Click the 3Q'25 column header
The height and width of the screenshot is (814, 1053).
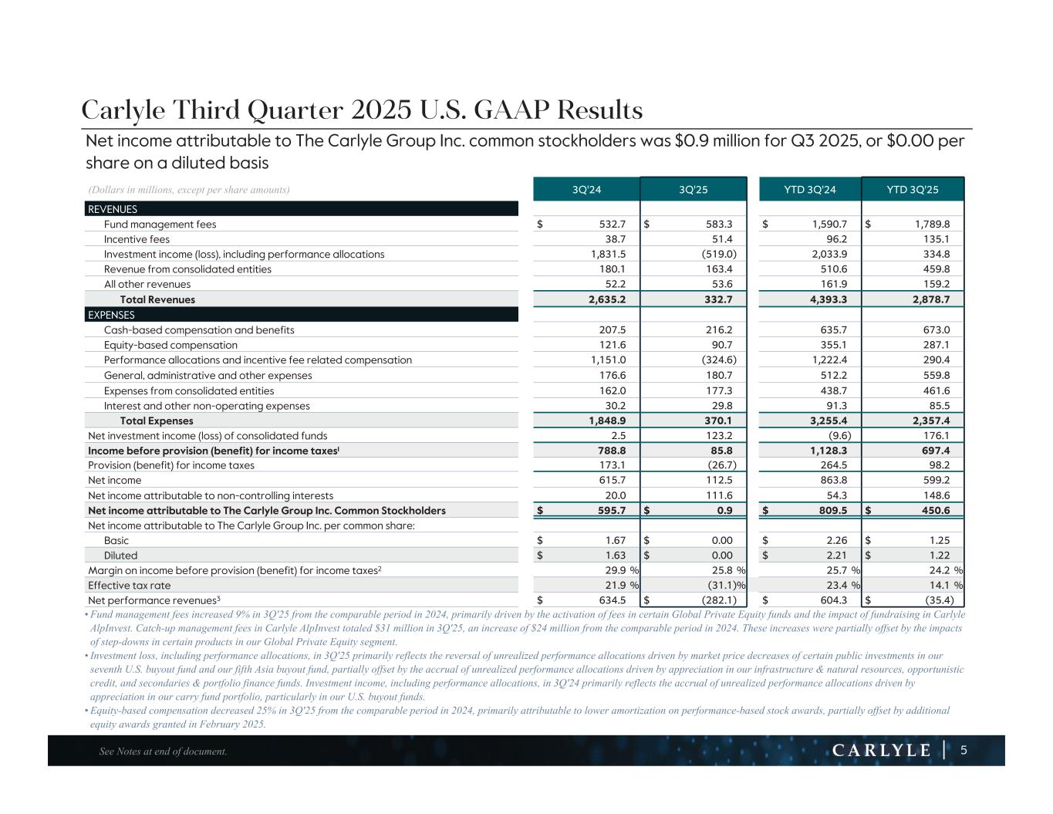(693, 190)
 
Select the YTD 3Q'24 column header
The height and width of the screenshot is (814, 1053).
(810, 190)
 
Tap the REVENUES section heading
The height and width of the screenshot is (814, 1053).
(113, 209)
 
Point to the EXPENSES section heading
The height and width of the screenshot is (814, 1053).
(111, 315)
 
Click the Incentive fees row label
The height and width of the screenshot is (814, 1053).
(137, 239)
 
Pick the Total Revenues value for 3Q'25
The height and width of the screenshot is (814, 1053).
(717, 299)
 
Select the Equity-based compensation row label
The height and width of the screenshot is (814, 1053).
(170, 345)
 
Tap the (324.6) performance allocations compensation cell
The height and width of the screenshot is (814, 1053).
(714, 360)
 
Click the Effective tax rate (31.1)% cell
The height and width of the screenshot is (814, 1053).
(717, 586)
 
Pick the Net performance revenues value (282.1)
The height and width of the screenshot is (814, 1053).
(712, 600)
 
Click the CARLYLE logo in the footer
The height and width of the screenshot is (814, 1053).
(882, 751)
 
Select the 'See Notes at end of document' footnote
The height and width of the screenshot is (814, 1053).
(164, 752)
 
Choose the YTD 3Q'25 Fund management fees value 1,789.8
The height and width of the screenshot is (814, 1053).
(929, 225)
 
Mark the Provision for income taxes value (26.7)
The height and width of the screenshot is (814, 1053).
(717, 465)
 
